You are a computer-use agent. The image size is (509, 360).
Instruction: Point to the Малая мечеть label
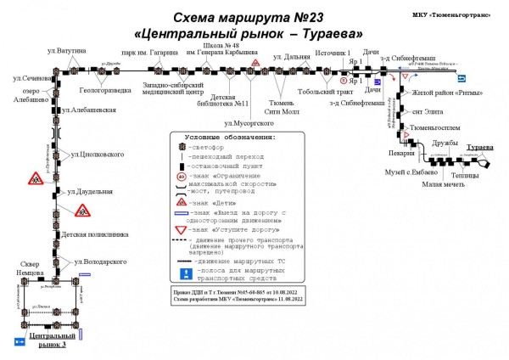coord(443,183)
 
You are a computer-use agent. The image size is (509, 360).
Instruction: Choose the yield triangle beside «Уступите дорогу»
coord(180,229)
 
